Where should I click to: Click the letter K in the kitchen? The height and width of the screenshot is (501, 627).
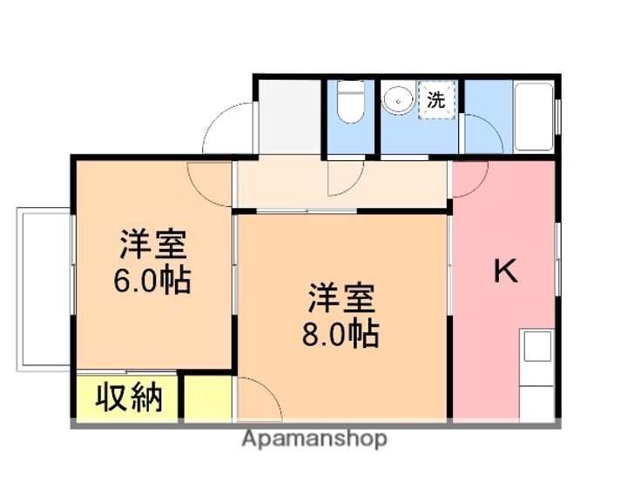506,272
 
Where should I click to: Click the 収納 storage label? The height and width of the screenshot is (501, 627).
129,398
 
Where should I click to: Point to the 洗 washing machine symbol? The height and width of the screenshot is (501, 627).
436,100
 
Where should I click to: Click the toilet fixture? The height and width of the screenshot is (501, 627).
350,106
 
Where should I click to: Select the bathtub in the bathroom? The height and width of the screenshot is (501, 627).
533,116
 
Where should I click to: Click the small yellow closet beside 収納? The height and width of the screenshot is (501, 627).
207,398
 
